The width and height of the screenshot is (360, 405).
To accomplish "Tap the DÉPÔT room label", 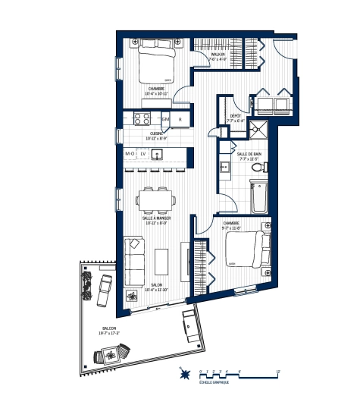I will [236, 116].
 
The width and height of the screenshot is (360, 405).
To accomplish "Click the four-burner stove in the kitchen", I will [142, 118].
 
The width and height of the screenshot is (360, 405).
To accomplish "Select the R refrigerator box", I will [180, 119].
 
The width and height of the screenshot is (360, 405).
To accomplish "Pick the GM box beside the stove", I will [164, 119].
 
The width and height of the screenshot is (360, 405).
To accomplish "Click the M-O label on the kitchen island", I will [130, 153].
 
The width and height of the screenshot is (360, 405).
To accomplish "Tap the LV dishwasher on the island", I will [142, 153].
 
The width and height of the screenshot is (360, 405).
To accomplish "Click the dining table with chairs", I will [155, 200].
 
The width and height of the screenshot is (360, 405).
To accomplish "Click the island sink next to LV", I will [158, 154].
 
